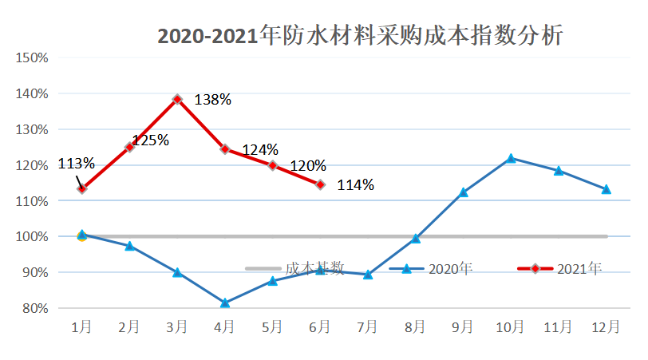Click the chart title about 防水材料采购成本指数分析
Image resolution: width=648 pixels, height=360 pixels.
[x=360, y=37]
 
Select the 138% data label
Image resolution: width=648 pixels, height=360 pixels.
[x=212, y=100]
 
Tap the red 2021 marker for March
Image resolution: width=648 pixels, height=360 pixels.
[x=177, y=99]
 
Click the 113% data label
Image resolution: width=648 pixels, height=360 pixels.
[x=76, y=164]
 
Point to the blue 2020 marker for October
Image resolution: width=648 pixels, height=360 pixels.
[x=511, y=158]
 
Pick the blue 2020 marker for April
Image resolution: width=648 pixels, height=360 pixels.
[x=225, y=303]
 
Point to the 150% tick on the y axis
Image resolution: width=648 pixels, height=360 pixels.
[x=33, y=58]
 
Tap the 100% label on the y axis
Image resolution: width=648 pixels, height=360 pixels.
[x=33, y=237]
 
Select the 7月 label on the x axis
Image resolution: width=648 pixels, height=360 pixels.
[x=368, y=327]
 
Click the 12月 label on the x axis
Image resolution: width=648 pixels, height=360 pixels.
[x=606, y=327]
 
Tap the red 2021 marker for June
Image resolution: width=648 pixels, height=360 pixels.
[x=320, y=184]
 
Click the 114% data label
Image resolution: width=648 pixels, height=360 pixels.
[x=355, y=185]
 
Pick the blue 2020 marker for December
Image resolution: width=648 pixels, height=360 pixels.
[x=606, y=189]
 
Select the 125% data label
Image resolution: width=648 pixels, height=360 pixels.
[x=151, y=140]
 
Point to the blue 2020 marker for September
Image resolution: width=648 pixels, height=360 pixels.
[x=463, y=192]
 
